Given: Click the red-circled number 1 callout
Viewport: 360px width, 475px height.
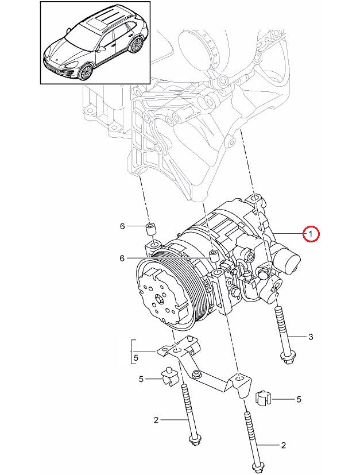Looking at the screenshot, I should click(x=310, y=234).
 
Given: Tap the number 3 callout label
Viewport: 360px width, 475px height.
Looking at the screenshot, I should click(x=311, y=337).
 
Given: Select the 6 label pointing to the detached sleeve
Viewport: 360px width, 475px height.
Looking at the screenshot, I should click(x=122, y=227).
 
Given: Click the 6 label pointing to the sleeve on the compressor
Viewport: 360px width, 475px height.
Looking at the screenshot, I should click(x=122, y=258).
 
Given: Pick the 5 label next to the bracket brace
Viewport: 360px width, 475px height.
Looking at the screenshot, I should click(x=136, y=357).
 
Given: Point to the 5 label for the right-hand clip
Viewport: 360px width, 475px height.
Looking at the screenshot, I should click(x=299, y=399).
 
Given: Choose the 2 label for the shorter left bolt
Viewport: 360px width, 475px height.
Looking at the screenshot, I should click(x=156, y=420).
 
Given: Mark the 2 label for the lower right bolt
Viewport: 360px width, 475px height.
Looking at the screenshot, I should click(x=283, y=445).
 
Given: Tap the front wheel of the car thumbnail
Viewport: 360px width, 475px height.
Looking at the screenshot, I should click(x=86, y=72).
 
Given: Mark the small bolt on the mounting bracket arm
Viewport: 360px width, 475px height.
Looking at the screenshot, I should click(x=197, y=375).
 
